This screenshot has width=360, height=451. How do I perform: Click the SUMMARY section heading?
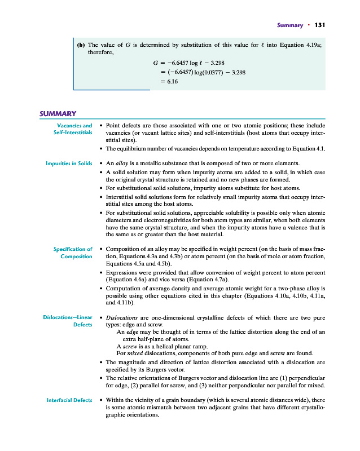[x=58, y=114]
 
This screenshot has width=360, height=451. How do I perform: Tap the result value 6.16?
[x=171, y=82]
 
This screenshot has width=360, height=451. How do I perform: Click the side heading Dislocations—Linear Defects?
[x=68, y=321]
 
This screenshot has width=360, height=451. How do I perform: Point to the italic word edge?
[x=130, y=332]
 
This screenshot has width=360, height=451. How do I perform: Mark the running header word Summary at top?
[x=290, y=25]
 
